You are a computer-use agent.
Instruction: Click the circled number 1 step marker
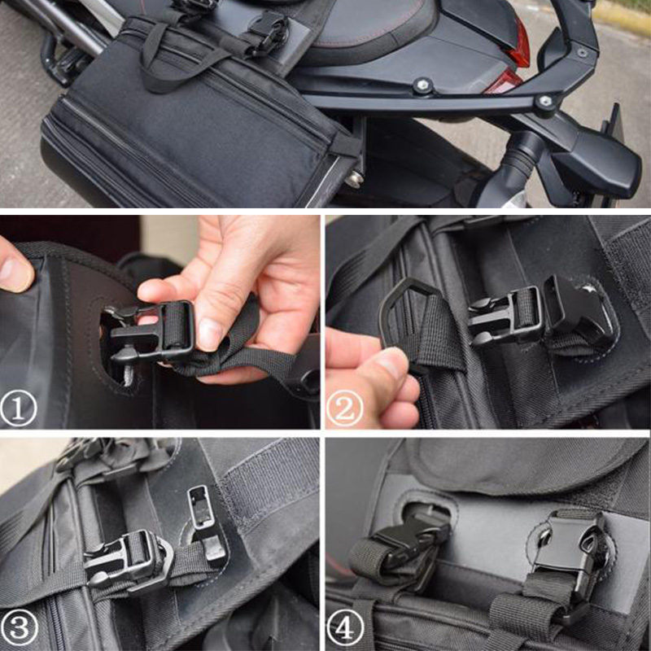point(18,409)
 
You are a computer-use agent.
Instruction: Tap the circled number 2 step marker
point(344,409)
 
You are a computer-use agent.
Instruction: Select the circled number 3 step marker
point(19,627)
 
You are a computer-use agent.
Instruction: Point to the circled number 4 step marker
point(344,627)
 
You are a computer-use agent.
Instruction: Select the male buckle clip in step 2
point(505,317)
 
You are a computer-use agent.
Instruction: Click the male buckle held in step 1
point(150,332)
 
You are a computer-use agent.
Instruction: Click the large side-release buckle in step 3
point(129,560)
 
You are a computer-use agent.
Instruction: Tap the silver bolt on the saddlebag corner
point(354,179)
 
